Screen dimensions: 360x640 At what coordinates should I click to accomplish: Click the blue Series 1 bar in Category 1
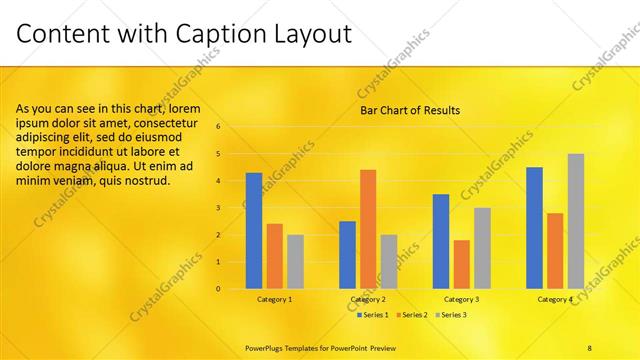[x=254, y=231]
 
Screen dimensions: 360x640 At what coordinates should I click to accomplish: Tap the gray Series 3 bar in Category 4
[x=575, y=221]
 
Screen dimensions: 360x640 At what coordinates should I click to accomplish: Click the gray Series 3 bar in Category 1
[x=295, y=262]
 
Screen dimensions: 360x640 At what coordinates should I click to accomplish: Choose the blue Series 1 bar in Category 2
[x=347, y=255]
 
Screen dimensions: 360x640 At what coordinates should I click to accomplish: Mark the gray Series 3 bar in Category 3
[x=482, y=248]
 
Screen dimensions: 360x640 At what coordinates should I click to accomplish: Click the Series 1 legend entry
[x=374, y=315]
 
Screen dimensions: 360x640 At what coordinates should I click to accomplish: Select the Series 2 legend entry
[x=413, y=315]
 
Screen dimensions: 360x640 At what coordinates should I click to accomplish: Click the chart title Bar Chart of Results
[x=410, y=110]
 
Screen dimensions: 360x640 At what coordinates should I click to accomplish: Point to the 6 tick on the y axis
[x=233, y=127]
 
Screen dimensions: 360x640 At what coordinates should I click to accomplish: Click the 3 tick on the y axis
[x=233, y=208]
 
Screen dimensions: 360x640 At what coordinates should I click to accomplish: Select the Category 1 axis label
[x=275, y=299]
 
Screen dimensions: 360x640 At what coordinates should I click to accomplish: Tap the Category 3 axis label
[x=461, y=299]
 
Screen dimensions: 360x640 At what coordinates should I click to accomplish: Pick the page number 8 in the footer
[x=590, y=347]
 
